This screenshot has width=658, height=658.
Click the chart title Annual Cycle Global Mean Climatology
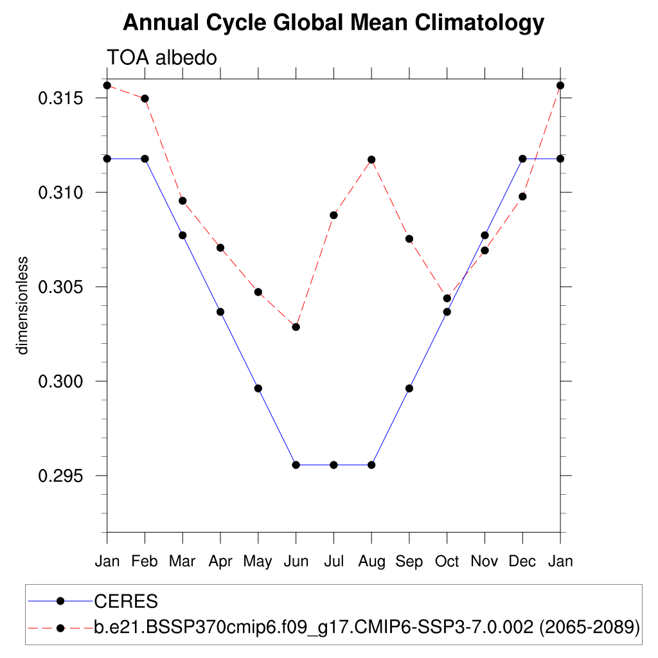(x=333, y=23)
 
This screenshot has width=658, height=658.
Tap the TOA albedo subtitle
(x=162, y=58)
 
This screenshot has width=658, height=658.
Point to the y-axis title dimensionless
(x=23, y=306)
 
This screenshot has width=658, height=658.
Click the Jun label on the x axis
(x=296, y=562)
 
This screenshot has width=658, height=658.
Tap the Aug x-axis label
(x=371, y=562)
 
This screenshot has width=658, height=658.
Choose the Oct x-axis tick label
(x=447, y=562)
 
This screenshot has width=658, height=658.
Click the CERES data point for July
(x=333, y=465)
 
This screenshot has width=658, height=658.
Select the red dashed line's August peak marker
(x=371, y=159)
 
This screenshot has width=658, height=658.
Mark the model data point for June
(x=296, y=327)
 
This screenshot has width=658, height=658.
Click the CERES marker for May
(x=258, y=388)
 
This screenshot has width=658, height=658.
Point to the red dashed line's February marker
(x=145, y=98)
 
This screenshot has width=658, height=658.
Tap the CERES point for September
(x=409, y=388)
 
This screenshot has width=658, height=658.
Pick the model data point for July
(x=333, y=215)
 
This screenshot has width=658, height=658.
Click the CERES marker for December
(x=522, y=159)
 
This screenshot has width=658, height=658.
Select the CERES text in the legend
(x=126, y=601)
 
